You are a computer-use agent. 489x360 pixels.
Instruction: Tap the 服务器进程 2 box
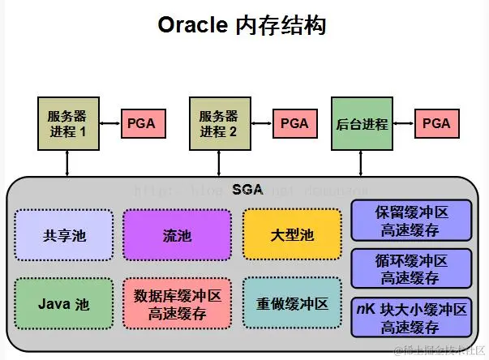pos(218,124)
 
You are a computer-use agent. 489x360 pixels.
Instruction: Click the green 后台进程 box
pos(362,124)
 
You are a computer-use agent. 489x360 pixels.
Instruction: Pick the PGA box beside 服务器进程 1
pos(144,124)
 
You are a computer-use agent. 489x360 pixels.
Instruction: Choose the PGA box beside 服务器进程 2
pos(294,124)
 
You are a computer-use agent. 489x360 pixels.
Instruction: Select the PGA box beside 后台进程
pos(436,124)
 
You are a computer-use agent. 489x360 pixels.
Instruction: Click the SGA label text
pos(247,190)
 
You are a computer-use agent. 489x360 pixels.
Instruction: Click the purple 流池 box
pos(171,235)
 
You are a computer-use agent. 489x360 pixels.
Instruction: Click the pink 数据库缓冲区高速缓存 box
pos(171,304)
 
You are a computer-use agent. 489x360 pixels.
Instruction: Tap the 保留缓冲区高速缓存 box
pos(410,221)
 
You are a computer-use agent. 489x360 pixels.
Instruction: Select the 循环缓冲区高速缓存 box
pos(410,268)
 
